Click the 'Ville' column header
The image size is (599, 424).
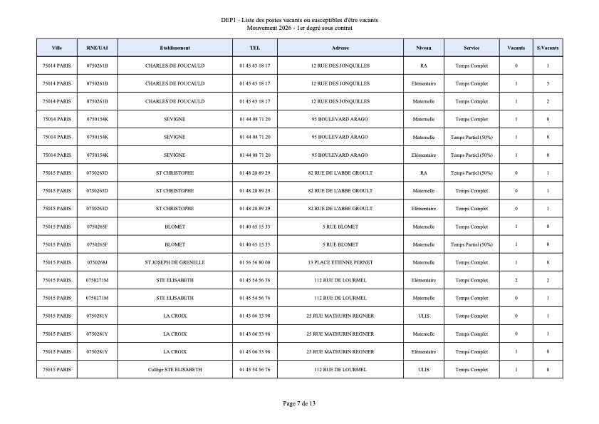57,48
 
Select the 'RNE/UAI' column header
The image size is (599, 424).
97,48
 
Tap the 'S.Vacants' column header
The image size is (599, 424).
548,48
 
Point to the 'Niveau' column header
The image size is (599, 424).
424,48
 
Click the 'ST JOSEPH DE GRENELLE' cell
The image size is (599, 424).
175,262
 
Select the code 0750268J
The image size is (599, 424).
97,262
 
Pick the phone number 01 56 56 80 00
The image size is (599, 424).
255,262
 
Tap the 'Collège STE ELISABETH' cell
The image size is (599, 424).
175,370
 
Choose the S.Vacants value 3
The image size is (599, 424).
548,83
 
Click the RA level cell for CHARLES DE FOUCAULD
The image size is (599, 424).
424,66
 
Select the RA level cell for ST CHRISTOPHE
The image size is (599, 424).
424,173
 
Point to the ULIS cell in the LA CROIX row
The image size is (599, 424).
424,316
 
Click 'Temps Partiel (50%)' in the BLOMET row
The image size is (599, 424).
472,244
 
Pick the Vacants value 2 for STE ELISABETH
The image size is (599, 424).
516,280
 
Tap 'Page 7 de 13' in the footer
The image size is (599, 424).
299,404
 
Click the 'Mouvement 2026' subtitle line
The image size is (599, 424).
299,28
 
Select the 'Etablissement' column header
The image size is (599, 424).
175,48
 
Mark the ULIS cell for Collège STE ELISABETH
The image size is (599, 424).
424,370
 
